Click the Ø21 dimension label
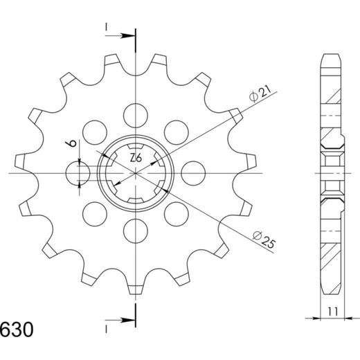coord(260,93)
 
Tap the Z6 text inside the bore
coord(136,159)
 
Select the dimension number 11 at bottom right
coord(333,312)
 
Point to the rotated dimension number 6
coord(72,143)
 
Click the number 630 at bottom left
coord(17,330)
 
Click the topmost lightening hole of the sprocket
coord(136,116)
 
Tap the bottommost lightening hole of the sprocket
coord(136,231)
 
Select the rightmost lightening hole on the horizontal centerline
coord(193,173)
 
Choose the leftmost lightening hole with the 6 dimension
coord(78,173)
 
